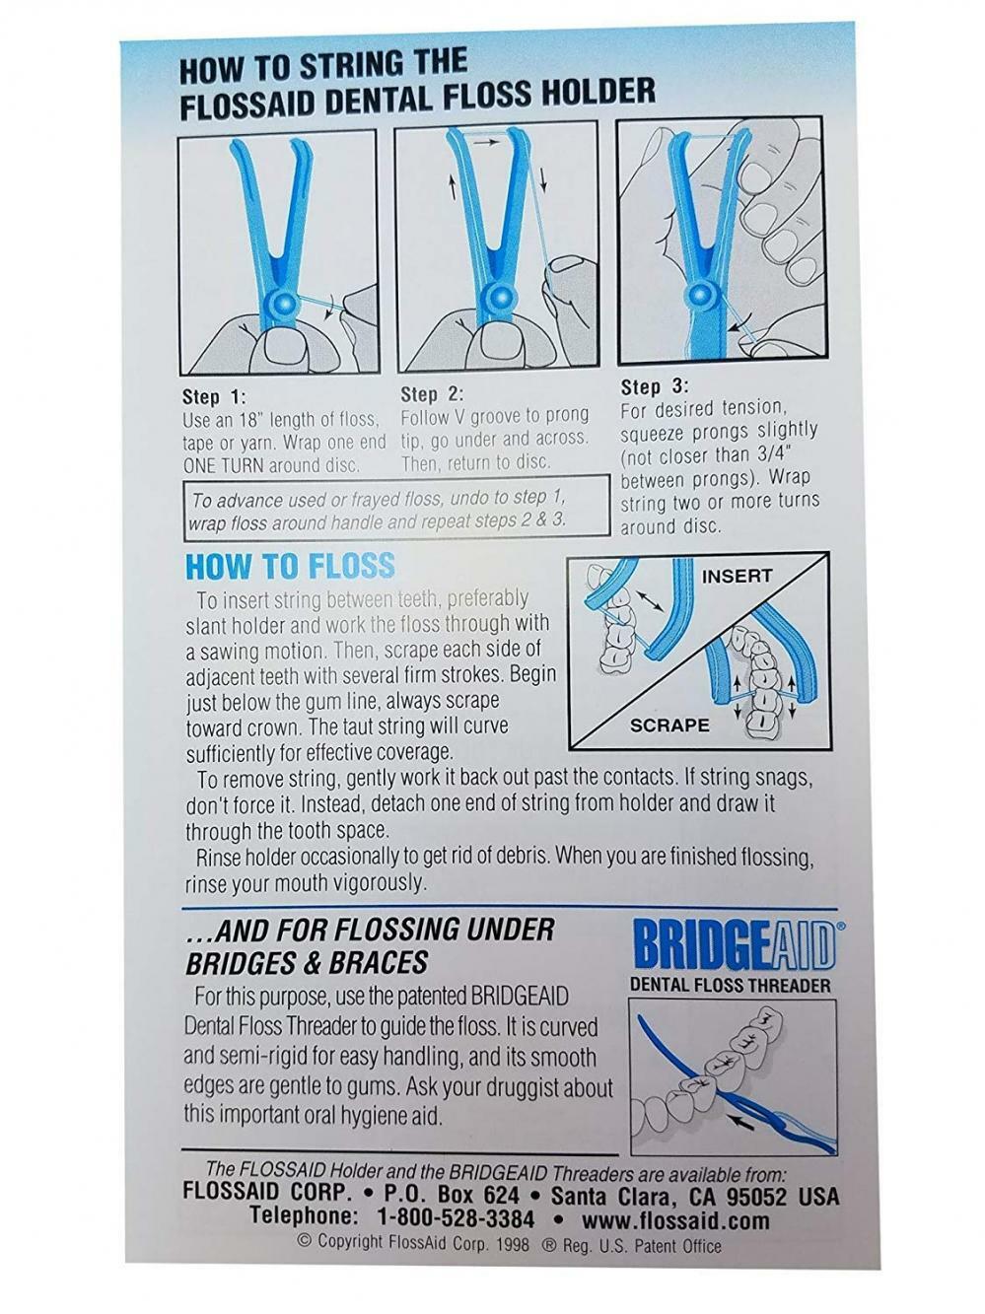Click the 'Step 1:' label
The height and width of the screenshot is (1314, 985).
tap(213, 397)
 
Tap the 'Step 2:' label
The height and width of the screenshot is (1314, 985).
tap(432, 394)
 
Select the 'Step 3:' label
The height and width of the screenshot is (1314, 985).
tap(655, 387)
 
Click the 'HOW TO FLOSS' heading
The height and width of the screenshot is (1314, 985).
tap(290, 566)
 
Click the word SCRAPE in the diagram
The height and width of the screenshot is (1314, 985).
tap(669, 726)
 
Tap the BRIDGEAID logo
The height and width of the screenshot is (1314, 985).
tap(734, 946)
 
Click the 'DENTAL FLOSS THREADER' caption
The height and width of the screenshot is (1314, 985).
tap(730, 985)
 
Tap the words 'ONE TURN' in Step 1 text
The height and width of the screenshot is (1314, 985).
tap(219, 465)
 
